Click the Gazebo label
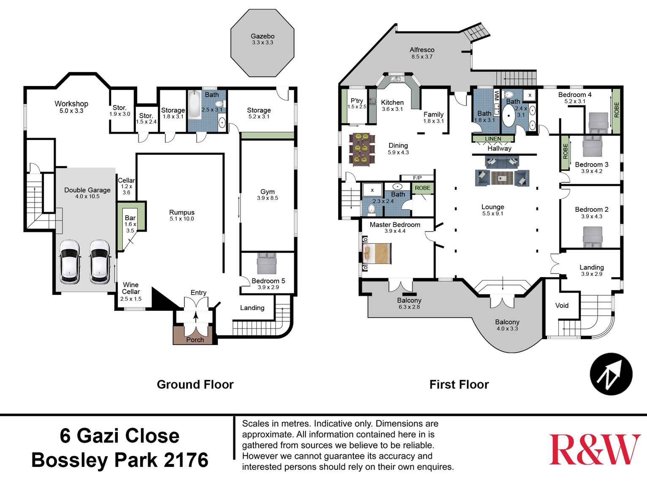pyautogui.click(x=263, y=36)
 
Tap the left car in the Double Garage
pyautogui.click(x=70, y=262)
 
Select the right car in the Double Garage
pyautogui.click(x=100, y=262)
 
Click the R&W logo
pyautogui.click(x=595, y=450)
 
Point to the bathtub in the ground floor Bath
pyautogui.click(x=195, y=104)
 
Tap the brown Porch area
pyautogui.click(x=195, y=336)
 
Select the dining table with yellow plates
pyautogui.click(x=362, y=148)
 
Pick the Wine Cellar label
pyautogui.click(x=131, y=288)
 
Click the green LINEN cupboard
pyautogui.click(x=493, y=139)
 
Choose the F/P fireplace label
pyautogui.click(x=417, y=178)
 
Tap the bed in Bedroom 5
pyautogui.click(x=266, y=264)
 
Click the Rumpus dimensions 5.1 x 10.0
pyautogui.click(x=182, y=219)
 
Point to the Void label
pyautogui.click(x=562, y=305)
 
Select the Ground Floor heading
pyautogui.click(x=195, y=385)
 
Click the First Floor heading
pyautogui.click(x=459, y=385)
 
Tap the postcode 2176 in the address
pyautogui.click(x=186, y=460)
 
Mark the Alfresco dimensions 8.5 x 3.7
pyautogui.click(x=422, y=57)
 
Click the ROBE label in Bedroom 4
pyautogui.click(x=617, y=110)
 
